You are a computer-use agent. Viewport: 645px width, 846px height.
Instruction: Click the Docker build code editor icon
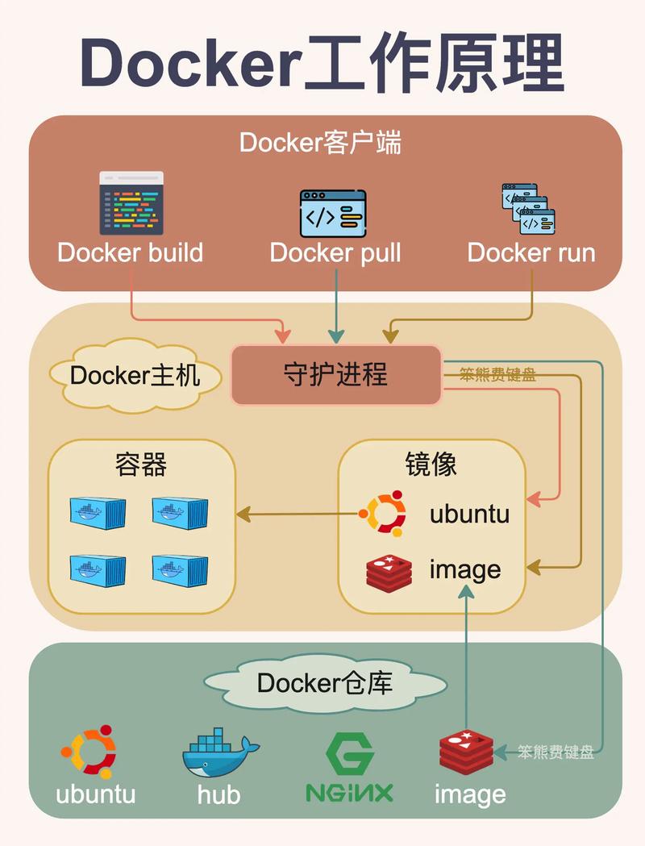pos(131,202)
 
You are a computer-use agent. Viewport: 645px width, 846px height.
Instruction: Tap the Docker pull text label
pos(335,252)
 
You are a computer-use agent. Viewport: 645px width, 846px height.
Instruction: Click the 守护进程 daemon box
pos(336,374)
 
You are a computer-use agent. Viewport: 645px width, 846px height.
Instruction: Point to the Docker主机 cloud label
pos(135,376)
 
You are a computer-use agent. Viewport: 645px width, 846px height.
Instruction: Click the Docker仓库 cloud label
pos(325,683)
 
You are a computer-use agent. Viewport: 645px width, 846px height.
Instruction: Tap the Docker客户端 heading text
pos(321,143)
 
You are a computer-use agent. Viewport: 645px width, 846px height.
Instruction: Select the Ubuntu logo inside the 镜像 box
pos(381,513)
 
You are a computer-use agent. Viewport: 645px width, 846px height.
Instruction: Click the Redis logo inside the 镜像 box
pos(389,571)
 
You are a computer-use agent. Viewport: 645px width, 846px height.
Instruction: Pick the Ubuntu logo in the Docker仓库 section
pos(89,752)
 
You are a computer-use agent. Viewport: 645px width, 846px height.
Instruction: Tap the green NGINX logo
pos(349,767)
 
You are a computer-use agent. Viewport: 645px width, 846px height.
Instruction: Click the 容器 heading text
pos(141,465)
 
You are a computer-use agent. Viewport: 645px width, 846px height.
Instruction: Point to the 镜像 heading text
pos(431,465)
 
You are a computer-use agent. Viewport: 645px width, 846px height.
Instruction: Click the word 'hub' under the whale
pos(218,794)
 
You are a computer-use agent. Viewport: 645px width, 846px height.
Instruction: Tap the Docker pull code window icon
pos(333,214)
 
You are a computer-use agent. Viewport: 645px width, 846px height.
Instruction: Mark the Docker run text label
pos(531,252)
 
